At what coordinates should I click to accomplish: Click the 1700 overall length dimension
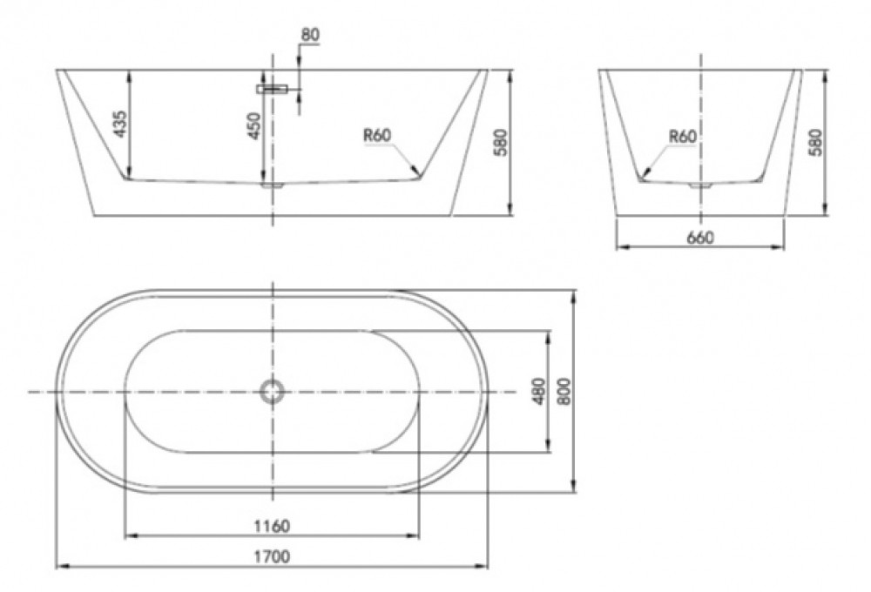272,556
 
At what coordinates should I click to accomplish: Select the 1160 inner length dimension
272,525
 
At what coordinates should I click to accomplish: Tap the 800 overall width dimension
564,391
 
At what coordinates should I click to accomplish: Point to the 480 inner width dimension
538,391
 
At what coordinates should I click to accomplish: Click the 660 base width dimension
700,238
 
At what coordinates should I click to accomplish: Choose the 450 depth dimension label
253,125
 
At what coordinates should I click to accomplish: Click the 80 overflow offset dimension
310,35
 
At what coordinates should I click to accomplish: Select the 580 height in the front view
501,142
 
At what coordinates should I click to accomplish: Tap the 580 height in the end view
814,142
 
